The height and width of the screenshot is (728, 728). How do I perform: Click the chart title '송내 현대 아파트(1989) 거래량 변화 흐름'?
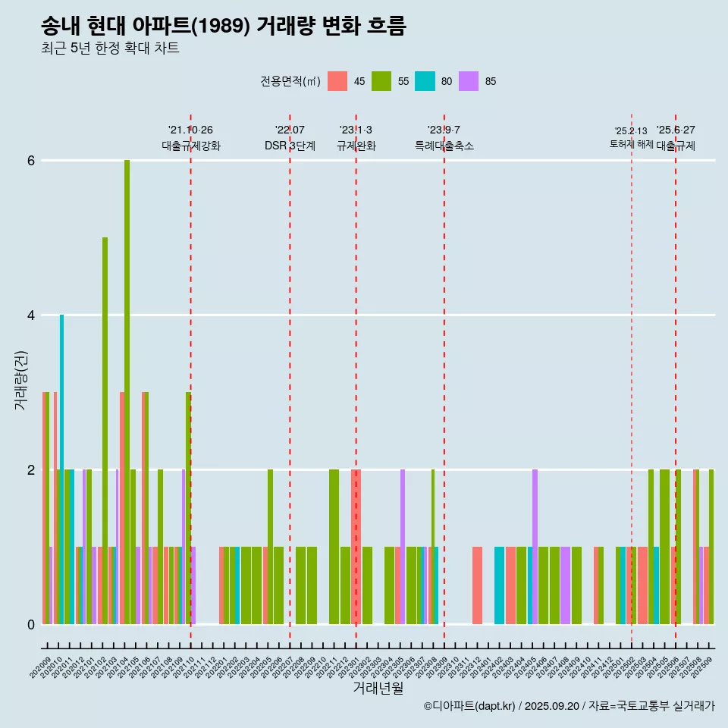click(224, 27)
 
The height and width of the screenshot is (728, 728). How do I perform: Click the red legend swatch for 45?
click(337, 81)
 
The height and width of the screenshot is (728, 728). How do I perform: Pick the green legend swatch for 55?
click(381, 81)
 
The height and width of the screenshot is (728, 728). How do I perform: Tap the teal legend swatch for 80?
click(425, 81)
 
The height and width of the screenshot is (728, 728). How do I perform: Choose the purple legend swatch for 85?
click(469, 81)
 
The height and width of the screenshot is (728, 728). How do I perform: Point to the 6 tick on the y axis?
click(31, 161)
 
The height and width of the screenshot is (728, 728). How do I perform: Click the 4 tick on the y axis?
click(31, 315)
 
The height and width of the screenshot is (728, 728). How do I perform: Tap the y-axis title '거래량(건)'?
click(20, 379)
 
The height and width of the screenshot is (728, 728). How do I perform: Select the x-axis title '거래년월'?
click(378, 689)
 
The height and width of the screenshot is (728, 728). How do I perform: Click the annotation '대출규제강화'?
click(191, 146)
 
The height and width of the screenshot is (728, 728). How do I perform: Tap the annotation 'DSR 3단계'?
click(290, 146)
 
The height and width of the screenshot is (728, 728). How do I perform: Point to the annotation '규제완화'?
click(356, 146)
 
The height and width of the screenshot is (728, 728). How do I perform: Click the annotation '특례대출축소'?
click(444, 146)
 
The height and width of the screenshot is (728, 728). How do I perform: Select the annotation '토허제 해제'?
click(632, 143)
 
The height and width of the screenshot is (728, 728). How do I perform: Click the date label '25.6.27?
click(676, 130)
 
